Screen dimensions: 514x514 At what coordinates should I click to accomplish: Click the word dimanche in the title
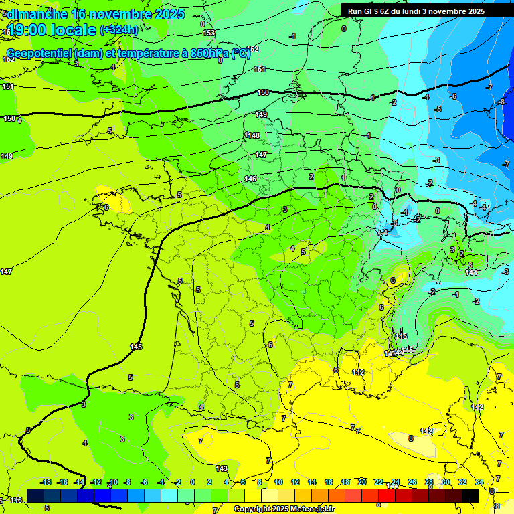[x=37, y=14]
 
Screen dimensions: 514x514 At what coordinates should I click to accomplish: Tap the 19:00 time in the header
[x=29, y=29]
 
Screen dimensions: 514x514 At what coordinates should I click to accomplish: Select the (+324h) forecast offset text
[x=119, y=29]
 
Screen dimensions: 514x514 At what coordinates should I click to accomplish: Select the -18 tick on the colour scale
[x=45, y=482]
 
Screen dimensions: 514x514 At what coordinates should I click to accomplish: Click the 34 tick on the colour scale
[x=479, y=482]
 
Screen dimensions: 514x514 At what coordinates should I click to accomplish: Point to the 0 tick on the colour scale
[x=193, y=482]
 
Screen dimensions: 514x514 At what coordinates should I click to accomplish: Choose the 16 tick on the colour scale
[x=329, y=482]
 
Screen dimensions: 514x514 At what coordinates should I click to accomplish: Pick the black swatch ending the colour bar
[x=470, y=495]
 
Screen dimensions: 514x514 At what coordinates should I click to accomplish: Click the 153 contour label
[x=209, y=33]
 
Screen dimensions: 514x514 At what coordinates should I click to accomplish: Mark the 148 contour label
[x=254, y=135]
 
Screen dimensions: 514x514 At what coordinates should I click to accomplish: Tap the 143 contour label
[x=222, y=468]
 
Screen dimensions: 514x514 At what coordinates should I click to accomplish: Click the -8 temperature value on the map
[x=501, y=102]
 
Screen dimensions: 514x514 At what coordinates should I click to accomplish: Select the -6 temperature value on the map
[x=452, y=96]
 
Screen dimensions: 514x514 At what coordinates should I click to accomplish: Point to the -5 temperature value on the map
[x=438, y=109]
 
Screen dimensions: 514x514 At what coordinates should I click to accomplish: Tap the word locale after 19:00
[x=74, y=29]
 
